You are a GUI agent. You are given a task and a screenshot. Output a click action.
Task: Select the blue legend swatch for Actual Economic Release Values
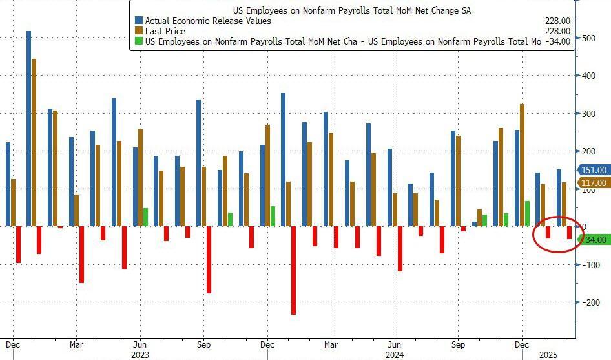139,21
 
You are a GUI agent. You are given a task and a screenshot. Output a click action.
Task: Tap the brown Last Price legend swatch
139,31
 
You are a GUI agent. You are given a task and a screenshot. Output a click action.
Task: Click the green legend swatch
139,41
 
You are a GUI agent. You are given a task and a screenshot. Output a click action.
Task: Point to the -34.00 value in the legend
557,41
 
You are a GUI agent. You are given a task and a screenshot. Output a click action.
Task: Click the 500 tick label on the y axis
588,37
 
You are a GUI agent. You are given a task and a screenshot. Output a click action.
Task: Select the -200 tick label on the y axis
590,302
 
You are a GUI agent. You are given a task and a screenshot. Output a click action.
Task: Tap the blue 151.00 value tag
594,170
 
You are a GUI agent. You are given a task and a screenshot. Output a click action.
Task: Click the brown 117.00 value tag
594,183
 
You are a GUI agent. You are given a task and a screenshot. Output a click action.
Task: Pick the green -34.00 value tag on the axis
594,240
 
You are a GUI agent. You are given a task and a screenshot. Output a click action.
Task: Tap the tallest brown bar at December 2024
522,165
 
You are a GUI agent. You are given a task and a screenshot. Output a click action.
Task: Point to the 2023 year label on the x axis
140,354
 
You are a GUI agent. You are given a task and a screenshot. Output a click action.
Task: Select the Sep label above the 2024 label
458,344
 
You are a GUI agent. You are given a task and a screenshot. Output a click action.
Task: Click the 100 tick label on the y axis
588,189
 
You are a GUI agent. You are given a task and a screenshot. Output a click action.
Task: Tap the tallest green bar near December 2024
527,213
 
